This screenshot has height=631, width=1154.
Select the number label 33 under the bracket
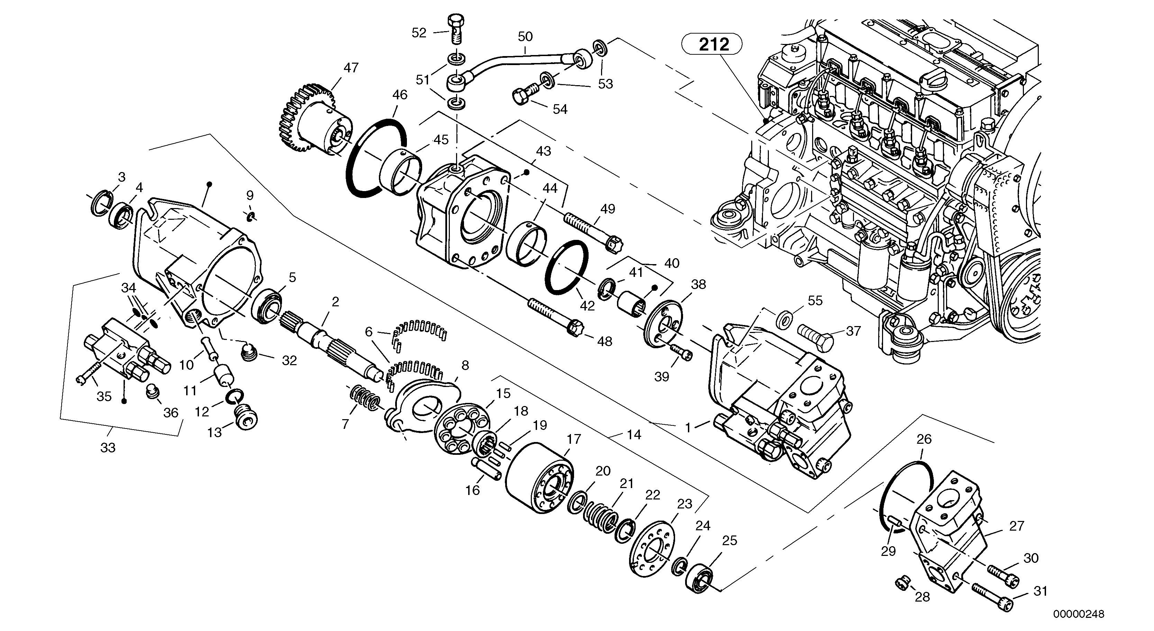click(x=108, y=447)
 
